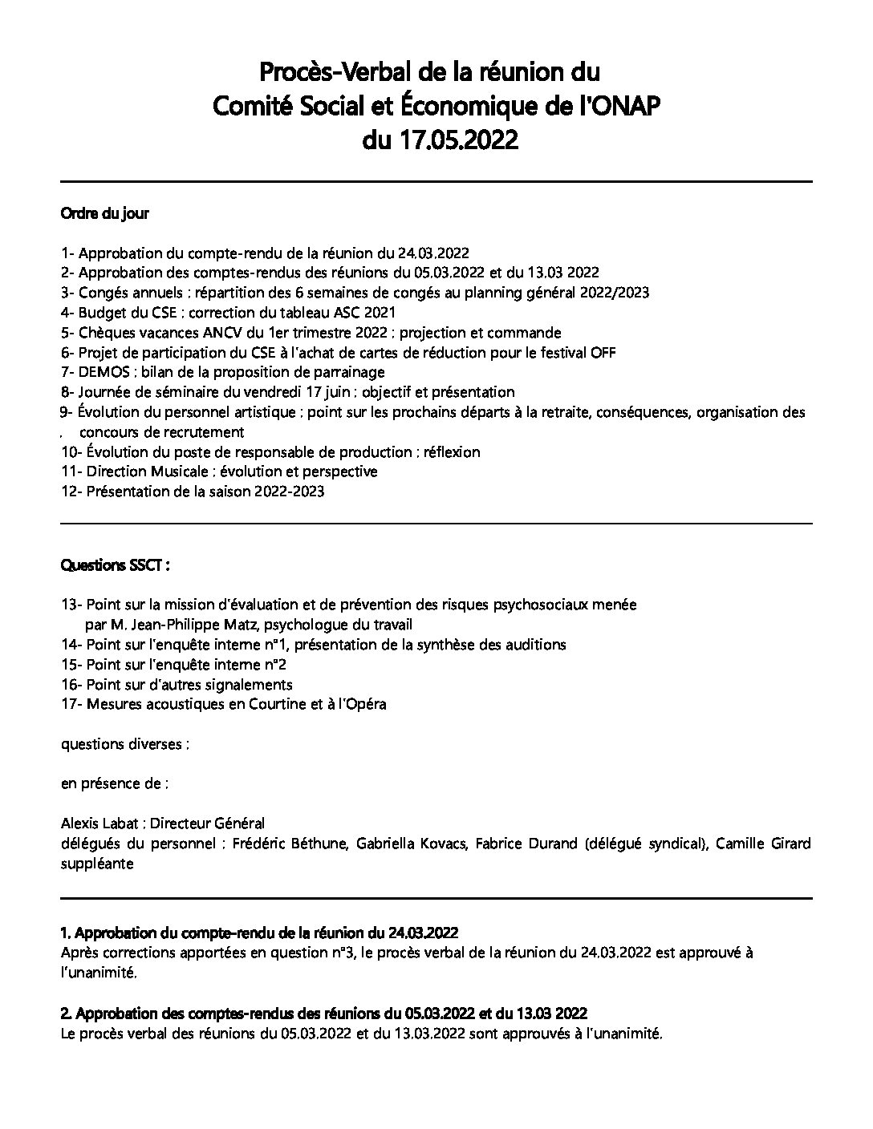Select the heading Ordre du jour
[104, 213]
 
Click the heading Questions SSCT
[115, 565]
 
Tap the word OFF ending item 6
[603, 353]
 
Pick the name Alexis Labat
[100, 823]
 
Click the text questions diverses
[124, 744]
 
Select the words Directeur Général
[208, 823]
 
